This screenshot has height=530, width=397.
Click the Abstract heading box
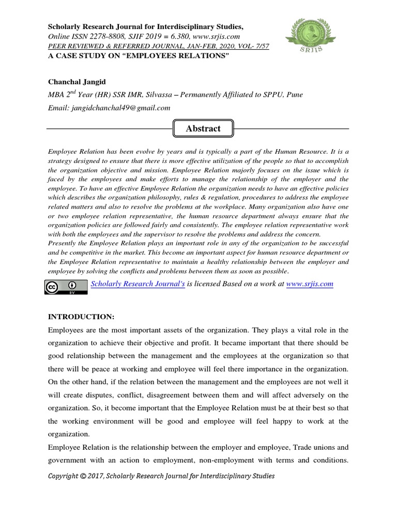pos(203,128)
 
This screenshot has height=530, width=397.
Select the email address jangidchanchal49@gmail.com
pos(120,108)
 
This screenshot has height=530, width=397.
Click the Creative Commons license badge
pos(66,287)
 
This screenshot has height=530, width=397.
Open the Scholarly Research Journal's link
pos(138,284)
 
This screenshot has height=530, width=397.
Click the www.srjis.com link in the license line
pos(309,284)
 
